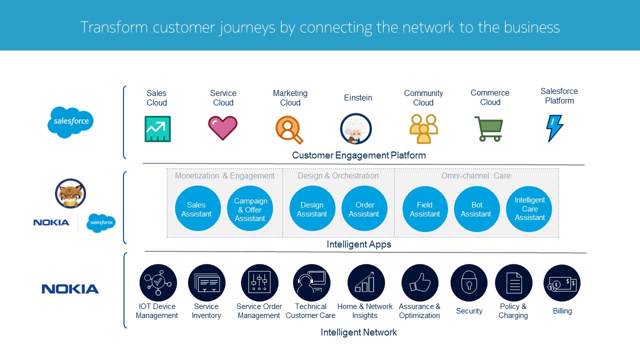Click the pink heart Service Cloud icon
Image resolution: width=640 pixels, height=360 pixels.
pos(223,127)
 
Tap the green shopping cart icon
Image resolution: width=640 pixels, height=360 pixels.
pos(488,129)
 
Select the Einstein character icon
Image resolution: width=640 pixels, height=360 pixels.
pos(356,128)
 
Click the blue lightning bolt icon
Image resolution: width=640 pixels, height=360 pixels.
pos(554,128)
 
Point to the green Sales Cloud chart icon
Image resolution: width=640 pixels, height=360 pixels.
pos(157,129)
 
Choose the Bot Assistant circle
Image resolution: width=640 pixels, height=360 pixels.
pos(476,209)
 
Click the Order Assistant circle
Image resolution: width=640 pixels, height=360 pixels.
pos(364,209)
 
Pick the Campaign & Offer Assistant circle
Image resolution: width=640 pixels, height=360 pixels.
pos(250,209)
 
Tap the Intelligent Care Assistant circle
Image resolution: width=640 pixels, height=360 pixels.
pos(529,209)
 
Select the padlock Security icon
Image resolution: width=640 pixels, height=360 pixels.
pos(469,283)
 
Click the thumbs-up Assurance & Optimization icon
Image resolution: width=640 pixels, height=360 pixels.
pos(420,283)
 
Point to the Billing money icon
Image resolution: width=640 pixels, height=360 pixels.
pos(562,283)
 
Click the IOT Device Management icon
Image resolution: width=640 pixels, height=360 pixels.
pos(158,283)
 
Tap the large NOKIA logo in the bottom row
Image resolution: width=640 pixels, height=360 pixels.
pos(70,289)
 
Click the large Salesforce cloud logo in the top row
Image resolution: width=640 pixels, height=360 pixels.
pos(70,122)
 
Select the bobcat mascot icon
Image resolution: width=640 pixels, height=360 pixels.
pos(70,193)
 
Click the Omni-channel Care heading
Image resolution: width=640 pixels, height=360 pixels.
pos(476,176)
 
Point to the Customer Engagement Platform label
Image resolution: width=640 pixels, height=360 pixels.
pos(359,155)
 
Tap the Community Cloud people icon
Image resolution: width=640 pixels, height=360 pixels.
pos(423,129)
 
